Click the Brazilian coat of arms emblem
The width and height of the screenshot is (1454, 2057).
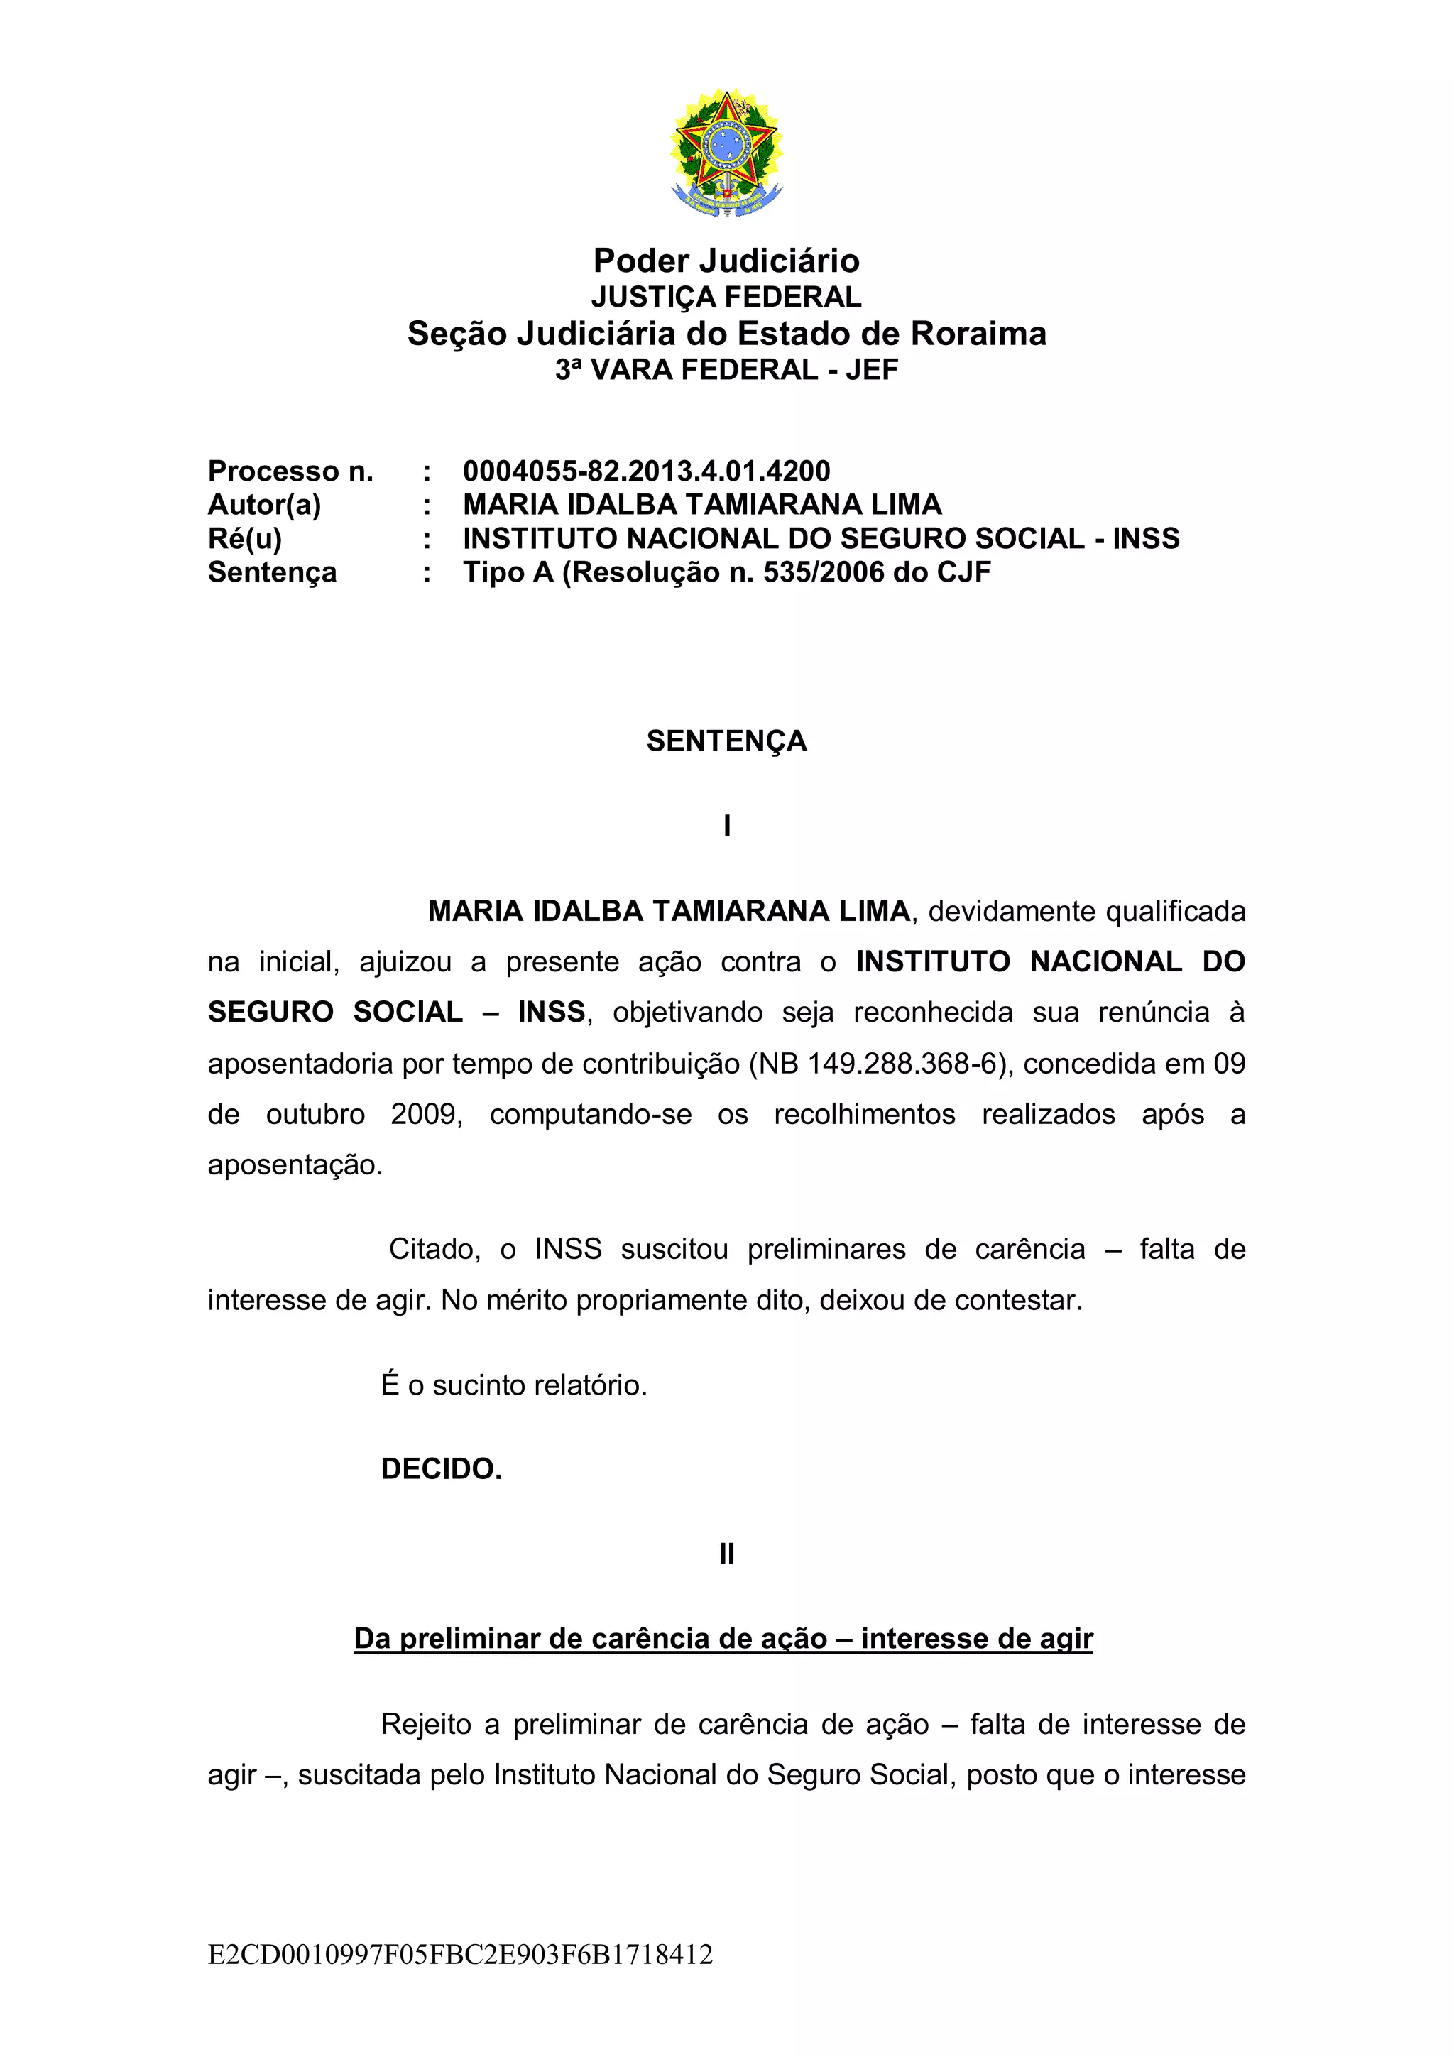(x=726, y=152)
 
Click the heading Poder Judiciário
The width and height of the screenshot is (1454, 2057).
(x=726, y=261)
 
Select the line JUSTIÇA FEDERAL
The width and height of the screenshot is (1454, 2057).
(x=726, y=297)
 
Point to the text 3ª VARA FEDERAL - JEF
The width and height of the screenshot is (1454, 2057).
(x=726, y=369)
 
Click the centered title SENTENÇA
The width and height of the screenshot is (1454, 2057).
(x=726, y=741)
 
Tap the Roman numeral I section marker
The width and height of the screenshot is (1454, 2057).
(x=726, y=826)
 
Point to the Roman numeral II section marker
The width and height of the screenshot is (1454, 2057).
(x=726, y=1554)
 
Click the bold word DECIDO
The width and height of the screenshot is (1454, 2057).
(x=441, y=1469)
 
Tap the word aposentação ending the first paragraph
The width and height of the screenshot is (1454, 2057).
(x=295, y=1164)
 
